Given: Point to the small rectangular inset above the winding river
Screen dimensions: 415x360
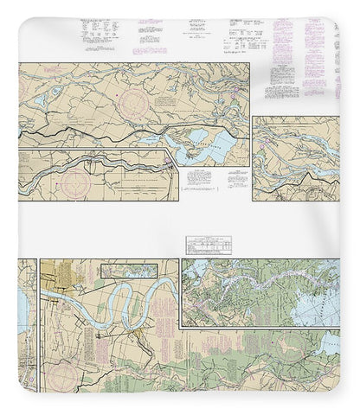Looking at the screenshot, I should click(132, 271).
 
